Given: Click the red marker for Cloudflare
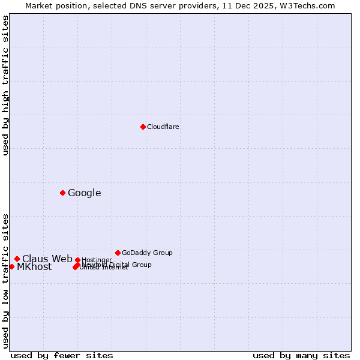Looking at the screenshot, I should point(143,127).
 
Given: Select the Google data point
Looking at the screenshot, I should point(62,193).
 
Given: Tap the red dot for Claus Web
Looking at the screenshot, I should point(17,259).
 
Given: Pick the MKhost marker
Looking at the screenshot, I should point(11,266).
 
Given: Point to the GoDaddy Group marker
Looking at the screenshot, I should point(118,253).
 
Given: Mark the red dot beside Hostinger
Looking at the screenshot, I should point(77,260).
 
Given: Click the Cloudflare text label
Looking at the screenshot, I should point(163,127).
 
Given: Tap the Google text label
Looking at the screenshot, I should point(84,193).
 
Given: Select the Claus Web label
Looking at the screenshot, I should point(47,259).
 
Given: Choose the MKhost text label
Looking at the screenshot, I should point(34,267).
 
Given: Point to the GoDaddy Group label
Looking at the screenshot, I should point(146,253).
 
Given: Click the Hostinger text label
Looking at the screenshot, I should point(97,260).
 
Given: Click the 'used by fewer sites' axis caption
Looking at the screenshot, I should point(62,355).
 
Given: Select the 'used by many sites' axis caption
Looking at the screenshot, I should point(301,355).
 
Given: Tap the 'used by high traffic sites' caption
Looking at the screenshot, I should point(5,85).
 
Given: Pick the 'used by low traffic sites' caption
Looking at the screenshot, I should point(5,281).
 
